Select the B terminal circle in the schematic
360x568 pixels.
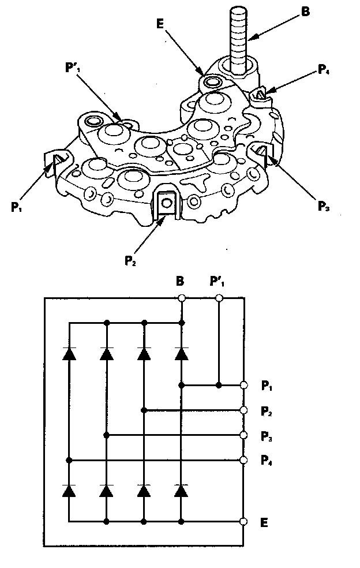tap(182, 298)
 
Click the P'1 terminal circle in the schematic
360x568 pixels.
tap(219, 298)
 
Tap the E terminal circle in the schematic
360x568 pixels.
tap(244, 522)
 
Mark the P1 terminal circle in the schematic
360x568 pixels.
tap(244, 385)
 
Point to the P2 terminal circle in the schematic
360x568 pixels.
tap(244, 410)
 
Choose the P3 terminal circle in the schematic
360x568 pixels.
tap(244, 435)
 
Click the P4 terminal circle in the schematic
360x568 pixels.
tap(244, 461)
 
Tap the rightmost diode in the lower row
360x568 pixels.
tap(182, 490)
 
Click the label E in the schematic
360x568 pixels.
tap(265, 523)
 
